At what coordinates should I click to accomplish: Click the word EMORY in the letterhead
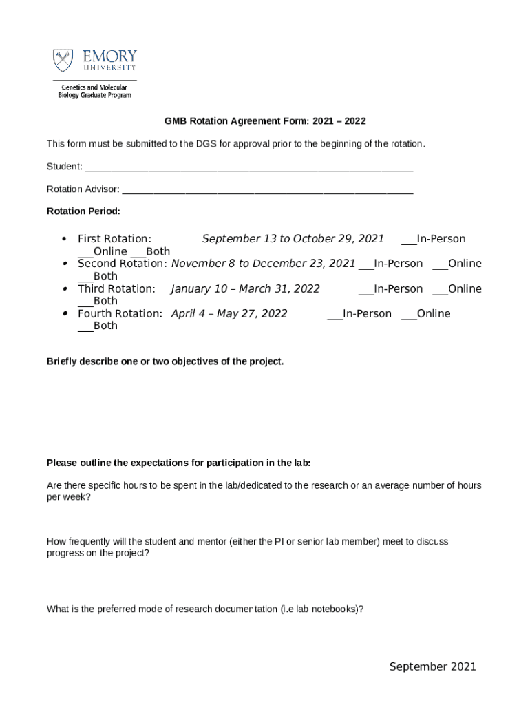tap(109, 56)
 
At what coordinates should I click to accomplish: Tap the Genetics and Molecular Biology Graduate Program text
tap(94, 92)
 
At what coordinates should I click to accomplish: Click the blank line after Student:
tap(248, 167)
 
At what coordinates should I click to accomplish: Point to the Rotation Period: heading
tap(83, 211)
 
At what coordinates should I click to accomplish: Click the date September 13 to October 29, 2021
tap(293, 239)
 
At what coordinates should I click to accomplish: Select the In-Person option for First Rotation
tap(433, 239)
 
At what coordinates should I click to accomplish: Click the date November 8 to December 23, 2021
tap(263, 264)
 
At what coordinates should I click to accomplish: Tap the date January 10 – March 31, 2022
tap(245, 288)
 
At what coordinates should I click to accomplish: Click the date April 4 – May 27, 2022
tap(229, 313)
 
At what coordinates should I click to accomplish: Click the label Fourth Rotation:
tap(120, 313)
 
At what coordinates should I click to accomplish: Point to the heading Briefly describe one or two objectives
tap(165, 361)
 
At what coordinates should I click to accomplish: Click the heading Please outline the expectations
tap(178, 463)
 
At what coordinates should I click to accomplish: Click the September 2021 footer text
tap(432, 666)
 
